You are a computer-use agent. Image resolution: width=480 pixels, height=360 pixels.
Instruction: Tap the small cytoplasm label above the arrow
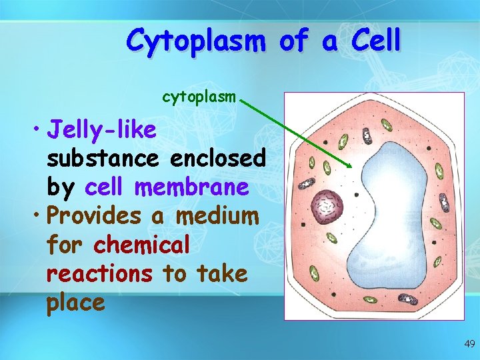pyautogui.click(x=199, y=97)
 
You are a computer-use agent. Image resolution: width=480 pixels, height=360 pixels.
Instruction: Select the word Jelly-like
pyautogui.click(x=102, y=130)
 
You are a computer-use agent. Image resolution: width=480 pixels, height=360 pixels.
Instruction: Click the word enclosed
pyautogui.click(x=218, y=159)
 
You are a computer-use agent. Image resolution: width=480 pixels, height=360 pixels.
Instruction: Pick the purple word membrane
pyautogui.click(x=191, y=187)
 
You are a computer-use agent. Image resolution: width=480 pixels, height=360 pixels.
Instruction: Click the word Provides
pyautogui.click(x=103, y=216)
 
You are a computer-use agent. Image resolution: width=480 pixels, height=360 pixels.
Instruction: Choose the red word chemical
pyautogui.click(x=141, y=245)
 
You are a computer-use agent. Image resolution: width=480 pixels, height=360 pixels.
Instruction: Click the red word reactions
pyautogui.click(x=99, y=273)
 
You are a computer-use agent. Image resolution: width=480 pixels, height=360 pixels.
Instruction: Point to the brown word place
pyautogui.click(x=75, y=303)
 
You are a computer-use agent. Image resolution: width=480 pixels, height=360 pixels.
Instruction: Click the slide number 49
pyautogui.click(x=469, y=344)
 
